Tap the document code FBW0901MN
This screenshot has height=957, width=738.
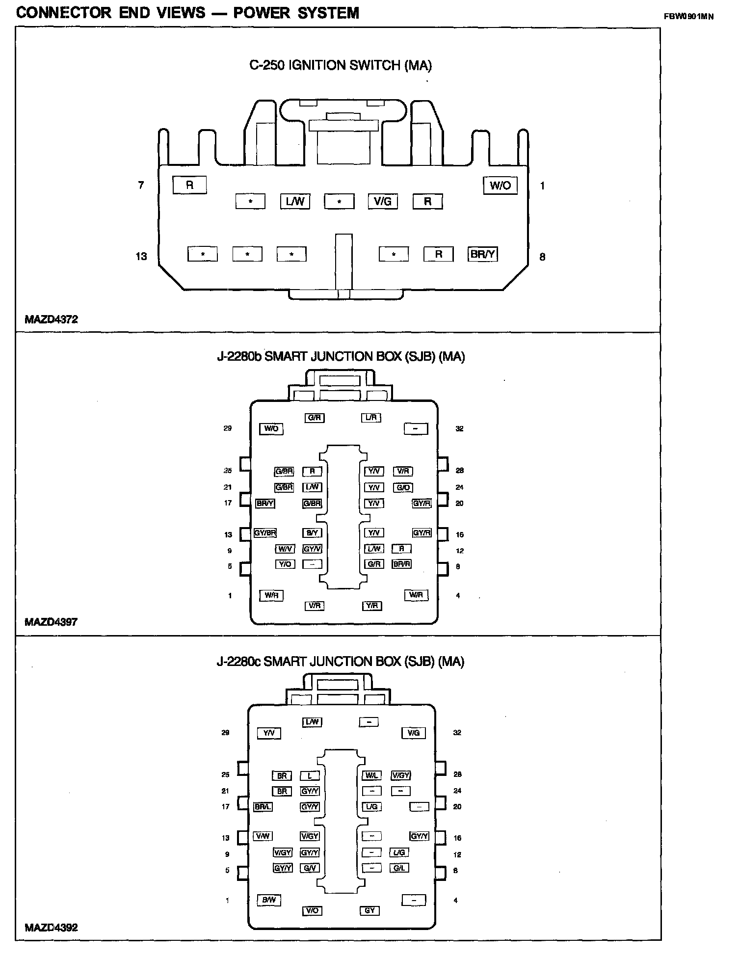(x=688, y=16)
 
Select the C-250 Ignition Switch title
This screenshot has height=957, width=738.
(x=341, y=66)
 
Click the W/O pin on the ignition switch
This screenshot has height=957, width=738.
(x=500, y=186)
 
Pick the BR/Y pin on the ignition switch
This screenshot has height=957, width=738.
(x=483, y=254)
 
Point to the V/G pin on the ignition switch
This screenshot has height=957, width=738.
(x=383, y=201)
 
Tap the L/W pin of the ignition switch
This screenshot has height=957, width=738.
(x=295, y=201)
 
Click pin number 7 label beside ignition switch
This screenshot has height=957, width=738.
(x=141, y=185)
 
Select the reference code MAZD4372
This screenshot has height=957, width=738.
(x=51, y=319)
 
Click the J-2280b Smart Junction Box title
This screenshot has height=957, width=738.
(x=341, y=357)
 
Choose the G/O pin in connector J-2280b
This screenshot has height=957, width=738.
(x=403, y=488)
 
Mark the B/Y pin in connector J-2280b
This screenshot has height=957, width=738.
(x=312, y=533)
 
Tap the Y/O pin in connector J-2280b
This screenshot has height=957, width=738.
(x=285, y=564)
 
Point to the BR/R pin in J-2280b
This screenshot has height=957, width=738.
(x=401, y=564)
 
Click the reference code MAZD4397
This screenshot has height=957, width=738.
(x=51, y=622)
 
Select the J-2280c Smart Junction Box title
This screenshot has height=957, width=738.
(x=341, y=662)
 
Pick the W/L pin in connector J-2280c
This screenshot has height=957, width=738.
(x=371, y=776)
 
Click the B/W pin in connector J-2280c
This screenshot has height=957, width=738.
(x=269, y=900)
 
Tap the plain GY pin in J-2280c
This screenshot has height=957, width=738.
(x=370, y=910)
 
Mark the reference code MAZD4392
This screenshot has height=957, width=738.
(x=51, y=928)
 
